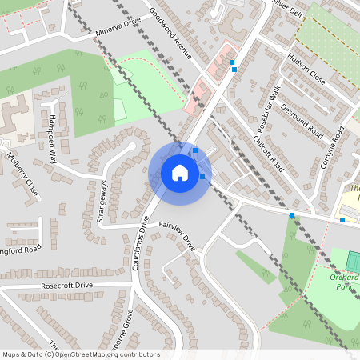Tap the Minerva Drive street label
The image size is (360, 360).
[x=118, y=32]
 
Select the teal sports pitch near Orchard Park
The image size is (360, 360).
[x=353, y=261]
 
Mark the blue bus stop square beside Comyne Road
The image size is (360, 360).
[x=342, y=219]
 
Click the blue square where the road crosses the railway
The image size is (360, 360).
[x=292, y=215]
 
